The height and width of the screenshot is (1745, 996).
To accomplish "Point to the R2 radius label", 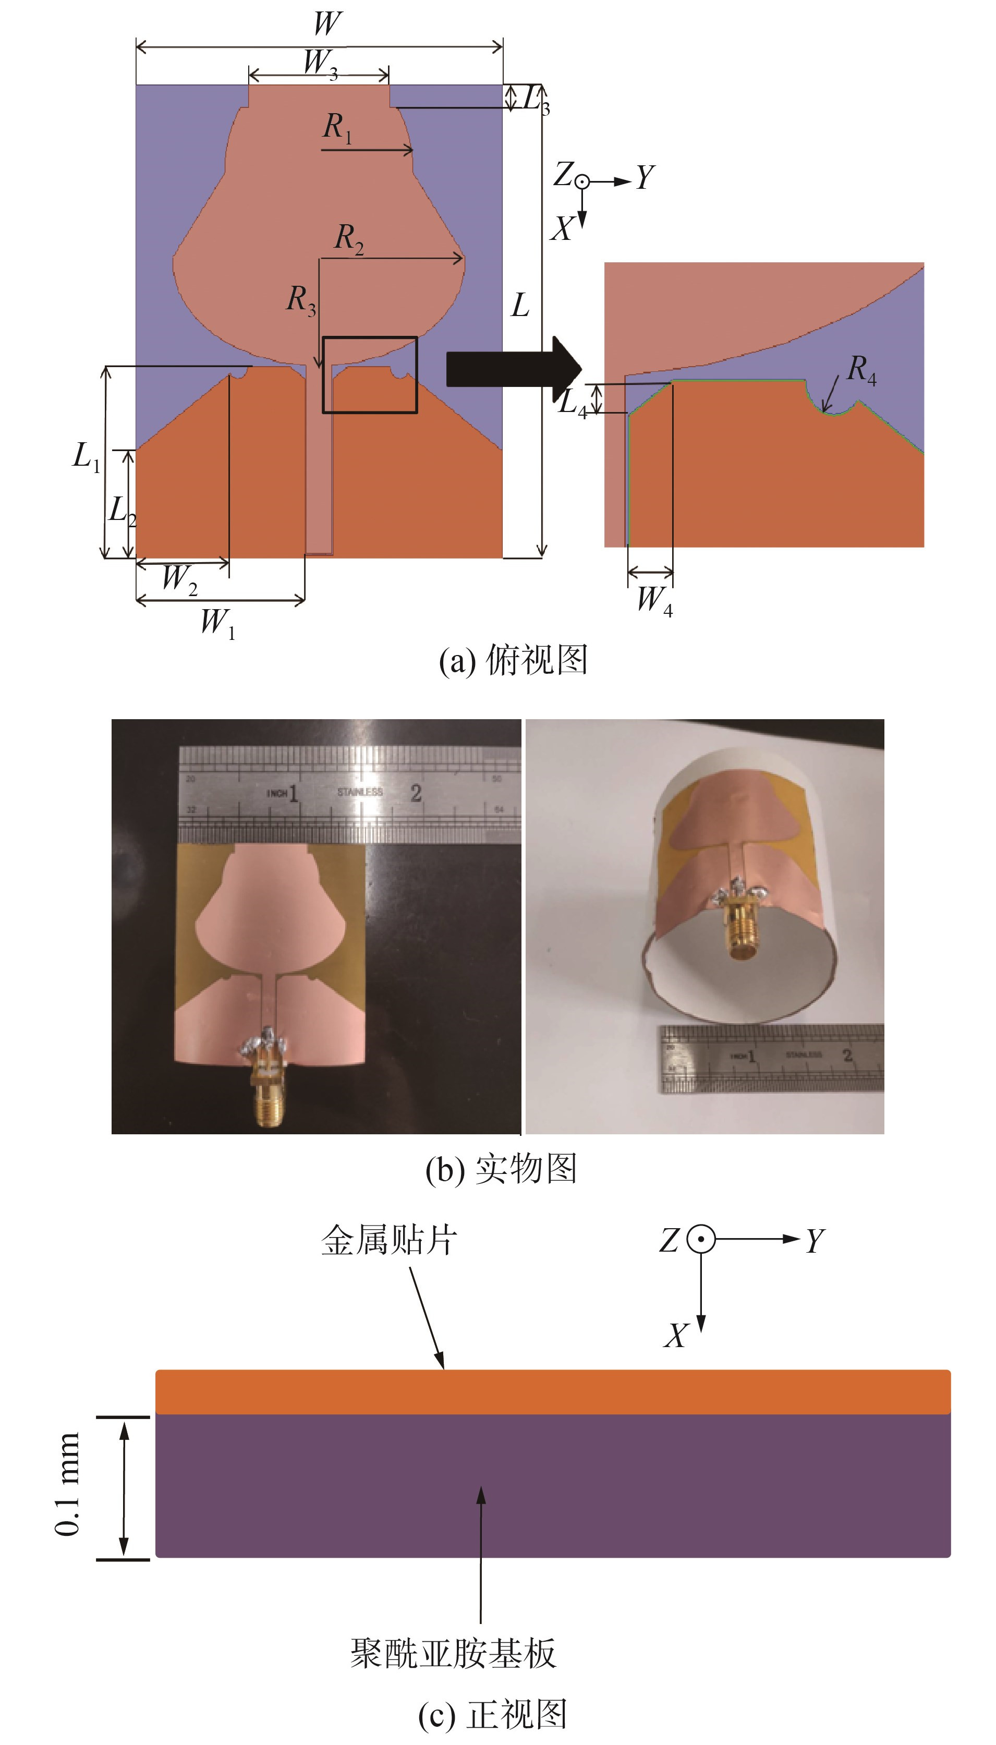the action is [349, 239].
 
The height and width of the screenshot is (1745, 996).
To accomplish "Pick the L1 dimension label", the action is [86, 456].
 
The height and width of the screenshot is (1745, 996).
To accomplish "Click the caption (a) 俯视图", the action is [513, 661].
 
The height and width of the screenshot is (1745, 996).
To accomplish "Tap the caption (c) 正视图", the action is [493, 1715].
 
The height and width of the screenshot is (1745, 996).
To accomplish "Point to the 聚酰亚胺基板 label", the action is [453, 1654].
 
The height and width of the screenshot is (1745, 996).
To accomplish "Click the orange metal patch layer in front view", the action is [553, 1391].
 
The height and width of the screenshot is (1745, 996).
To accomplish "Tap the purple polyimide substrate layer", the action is [553, 1484].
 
